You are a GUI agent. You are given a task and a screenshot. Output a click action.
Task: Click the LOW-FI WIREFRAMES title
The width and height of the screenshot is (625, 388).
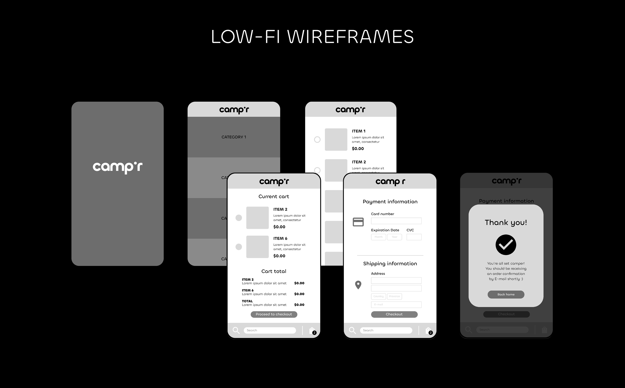tap(312, 37)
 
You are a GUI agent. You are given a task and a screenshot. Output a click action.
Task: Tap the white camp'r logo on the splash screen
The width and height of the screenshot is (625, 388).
tap(118, 167)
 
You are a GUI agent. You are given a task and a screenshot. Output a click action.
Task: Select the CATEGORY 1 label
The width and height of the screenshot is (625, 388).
tap(234, 137)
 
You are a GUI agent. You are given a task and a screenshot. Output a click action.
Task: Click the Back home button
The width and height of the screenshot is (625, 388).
tap(506, 294)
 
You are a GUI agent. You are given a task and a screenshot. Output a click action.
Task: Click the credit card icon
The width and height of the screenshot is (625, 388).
tap(358, 222)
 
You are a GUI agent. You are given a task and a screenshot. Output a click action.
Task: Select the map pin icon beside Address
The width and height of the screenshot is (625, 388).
tap(358, 285)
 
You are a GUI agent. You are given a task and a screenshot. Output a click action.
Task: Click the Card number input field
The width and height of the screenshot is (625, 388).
tap(396, 221)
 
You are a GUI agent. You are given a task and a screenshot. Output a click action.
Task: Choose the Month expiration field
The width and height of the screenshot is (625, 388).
tap(378, 237)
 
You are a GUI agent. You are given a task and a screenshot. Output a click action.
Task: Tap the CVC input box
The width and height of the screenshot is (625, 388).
tap(414, 237)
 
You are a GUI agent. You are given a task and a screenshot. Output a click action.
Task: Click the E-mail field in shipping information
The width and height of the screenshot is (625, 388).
tap(396, 305)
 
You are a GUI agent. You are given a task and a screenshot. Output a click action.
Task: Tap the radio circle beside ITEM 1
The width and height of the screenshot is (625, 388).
tap(317, 139)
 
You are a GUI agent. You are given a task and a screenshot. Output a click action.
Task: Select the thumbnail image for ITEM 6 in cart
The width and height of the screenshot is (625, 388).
tap(257, 247)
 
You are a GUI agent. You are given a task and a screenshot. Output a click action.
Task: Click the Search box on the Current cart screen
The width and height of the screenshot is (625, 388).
tap(270, 330)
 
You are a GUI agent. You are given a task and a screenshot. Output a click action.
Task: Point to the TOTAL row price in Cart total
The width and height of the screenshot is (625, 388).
tap(299, 305)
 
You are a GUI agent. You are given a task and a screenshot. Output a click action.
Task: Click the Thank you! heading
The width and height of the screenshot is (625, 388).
tap(506, 222)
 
